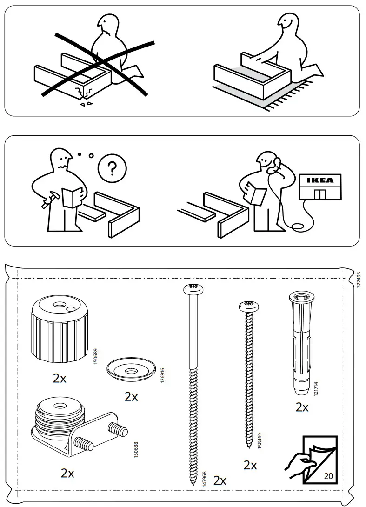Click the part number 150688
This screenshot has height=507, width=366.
pos(136,449)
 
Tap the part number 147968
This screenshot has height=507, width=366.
pos(205,479)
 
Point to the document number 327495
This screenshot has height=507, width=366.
pos(358,280)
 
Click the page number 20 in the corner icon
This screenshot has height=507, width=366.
pos(328,476)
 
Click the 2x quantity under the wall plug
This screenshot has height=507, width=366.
pos(302,408)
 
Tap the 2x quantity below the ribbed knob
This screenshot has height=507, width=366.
pos(60,379)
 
